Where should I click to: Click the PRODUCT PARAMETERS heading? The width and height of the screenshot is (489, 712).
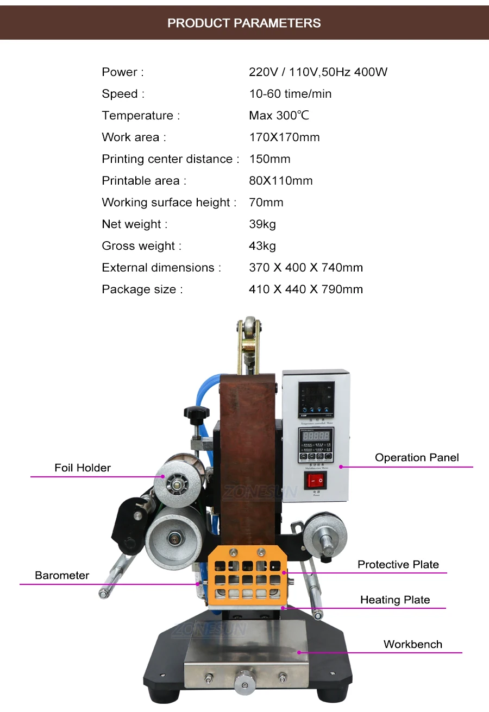tap(244, 23)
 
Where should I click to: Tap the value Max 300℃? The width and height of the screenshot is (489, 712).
tap(279, 116)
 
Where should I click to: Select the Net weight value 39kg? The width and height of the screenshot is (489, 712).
tap(262, 224)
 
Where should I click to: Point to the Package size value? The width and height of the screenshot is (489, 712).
tap(305, 289)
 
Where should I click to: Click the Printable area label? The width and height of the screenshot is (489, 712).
tap(143, 181)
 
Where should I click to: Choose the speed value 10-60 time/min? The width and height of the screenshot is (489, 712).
tap(290, 94)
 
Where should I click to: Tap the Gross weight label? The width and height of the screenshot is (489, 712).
tap(141, 246)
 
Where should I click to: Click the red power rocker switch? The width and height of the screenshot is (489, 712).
tap(316, 480)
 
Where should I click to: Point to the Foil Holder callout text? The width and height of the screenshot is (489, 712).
tap(83, 468)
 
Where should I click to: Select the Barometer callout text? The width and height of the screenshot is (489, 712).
tap(62, 575)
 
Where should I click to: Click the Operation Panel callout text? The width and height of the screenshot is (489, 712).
tap(417, 457)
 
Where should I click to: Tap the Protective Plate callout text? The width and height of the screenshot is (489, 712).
tap(398, 564)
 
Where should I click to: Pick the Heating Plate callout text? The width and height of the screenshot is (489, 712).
tap(395, 600)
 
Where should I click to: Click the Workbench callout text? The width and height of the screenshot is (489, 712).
tap(412, 644)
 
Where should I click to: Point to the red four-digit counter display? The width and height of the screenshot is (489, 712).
tap(316, 436)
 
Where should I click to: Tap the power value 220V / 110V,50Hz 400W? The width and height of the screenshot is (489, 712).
tap(318, 72)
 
